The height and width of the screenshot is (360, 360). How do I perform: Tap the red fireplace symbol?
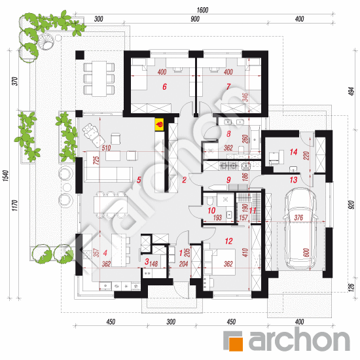tap(158, 122)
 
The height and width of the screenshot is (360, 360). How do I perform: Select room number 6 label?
tap(164, 86)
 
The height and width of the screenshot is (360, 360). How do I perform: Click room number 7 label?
tap(228, 86)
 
